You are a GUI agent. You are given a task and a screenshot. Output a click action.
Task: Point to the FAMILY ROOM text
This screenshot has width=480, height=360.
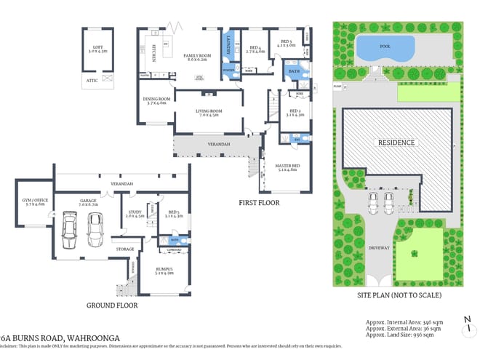point(196,55)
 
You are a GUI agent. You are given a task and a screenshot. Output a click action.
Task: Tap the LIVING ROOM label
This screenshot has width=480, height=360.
point(209,111)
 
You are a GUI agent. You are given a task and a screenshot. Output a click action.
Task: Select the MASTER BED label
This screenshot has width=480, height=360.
point(287,167)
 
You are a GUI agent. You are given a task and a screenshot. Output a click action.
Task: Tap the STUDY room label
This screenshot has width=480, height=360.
point(135,213)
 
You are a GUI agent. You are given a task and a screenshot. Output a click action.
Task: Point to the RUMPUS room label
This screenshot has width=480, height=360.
point(164,271)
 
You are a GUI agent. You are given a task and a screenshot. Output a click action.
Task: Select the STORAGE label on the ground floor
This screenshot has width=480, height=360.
point(124,249)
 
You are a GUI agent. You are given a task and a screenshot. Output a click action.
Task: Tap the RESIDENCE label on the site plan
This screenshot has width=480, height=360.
point(396,143)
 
